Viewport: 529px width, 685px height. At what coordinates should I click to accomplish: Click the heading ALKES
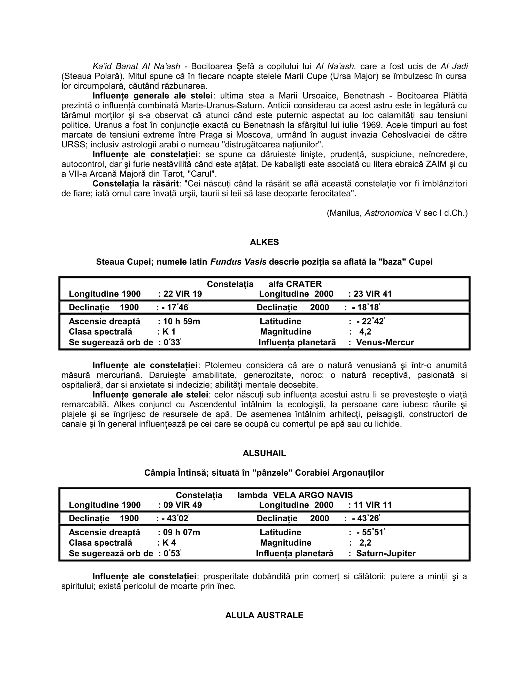264,242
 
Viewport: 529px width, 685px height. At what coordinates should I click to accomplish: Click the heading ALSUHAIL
264,453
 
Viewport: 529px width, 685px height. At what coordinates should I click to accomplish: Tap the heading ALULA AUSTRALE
264,615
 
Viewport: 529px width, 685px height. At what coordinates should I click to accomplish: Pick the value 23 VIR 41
373,294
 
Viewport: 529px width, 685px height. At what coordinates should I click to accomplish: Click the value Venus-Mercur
385,342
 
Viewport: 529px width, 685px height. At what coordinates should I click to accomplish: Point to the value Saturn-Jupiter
386,553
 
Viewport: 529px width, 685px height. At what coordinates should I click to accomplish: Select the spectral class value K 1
169,332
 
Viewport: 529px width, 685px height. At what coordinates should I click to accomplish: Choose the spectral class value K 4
169,543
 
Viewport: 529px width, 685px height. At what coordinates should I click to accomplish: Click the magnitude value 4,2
365,332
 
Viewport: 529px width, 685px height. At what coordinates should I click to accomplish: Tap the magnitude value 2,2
365,543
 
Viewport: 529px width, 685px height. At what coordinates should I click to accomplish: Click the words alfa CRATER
295,284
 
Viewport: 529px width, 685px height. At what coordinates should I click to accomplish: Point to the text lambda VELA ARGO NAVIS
295,495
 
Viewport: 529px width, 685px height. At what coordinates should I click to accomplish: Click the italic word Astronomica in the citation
388,213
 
